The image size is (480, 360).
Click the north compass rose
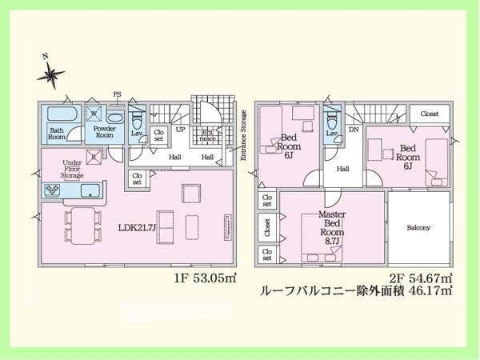(x=53, y=75)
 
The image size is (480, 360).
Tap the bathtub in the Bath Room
(x=57, y=115)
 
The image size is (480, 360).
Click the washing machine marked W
(x=94, y=114)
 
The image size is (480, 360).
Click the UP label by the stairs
(x=180, y=129)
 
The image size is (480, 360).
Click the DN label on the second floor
(x=353, y=129)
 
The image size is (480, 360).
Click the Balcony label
(x=418, y=228)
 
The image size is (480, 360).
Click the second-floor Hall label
(x=342, y=169)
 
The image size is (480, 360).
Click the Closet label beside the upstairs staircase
(x=429, y=114)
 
